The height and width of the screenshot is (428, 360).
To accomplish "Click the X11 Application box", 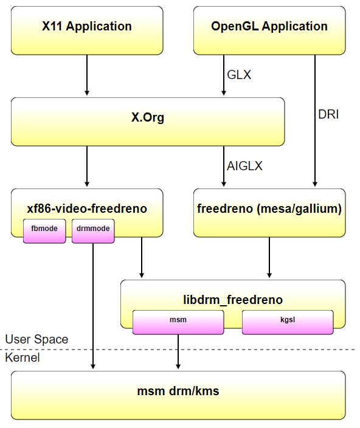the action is click(x=87, y=30).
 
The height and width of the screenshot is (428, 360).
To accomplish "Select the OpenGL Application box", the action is click(x=269, y=30).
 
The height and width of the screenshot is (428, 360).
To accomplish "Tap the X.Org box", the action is click(x=148, y=122).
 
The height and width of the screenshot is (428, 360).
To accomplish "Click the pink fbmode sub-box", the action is click(x=44, y=231).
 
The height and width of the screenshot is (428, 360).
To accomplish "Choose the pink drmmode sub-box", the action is click(x=93, y=231).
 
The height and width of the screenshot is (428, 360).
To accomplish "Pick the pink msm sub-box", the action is click(x=178, y=322).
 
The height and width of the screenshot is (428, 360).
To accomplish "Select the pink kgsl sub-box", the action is click(x=288, y=322).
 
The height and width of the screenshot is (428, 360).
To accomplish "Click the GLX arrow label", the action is click(x=239, y=75).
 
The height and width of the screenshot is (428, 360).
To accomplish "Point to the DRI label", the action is click(x=328, y=114).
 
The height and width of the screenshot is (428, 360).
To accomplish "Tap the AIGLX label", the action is click(x=244, y=166).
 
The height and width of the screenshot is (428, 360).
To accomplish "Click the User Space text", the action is click(x=36, y=339).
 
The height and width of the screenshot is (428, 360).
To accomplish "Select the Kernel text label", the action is click(x=22, y=357).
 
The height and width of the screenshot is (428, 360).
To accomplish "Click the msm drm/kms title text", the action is click(x=178, y=391).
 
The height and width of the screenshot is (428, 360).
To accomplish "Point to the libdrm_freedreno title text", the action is click(x=233, y=300).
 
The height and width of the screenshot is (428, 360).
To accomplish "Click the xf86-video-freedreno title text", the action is click(x=87, y=209).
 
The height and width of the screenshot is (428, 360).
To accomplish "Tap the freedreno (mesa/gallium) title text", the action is click(x=269, y=209).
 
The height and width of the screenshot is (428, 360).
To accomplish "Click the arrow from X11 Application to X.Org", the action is click(x=87, y=75).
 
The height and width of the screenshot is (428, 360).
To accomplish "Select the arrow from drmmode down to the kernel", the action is click(x=93, y=306).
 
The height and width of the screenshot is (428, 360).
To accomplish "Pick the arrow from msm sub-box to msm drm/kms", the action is click(x=178, y=351).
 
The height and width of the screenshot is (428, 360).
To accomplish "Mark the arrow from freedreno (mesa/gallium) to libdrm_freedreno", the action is click(x=269, y=257).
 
